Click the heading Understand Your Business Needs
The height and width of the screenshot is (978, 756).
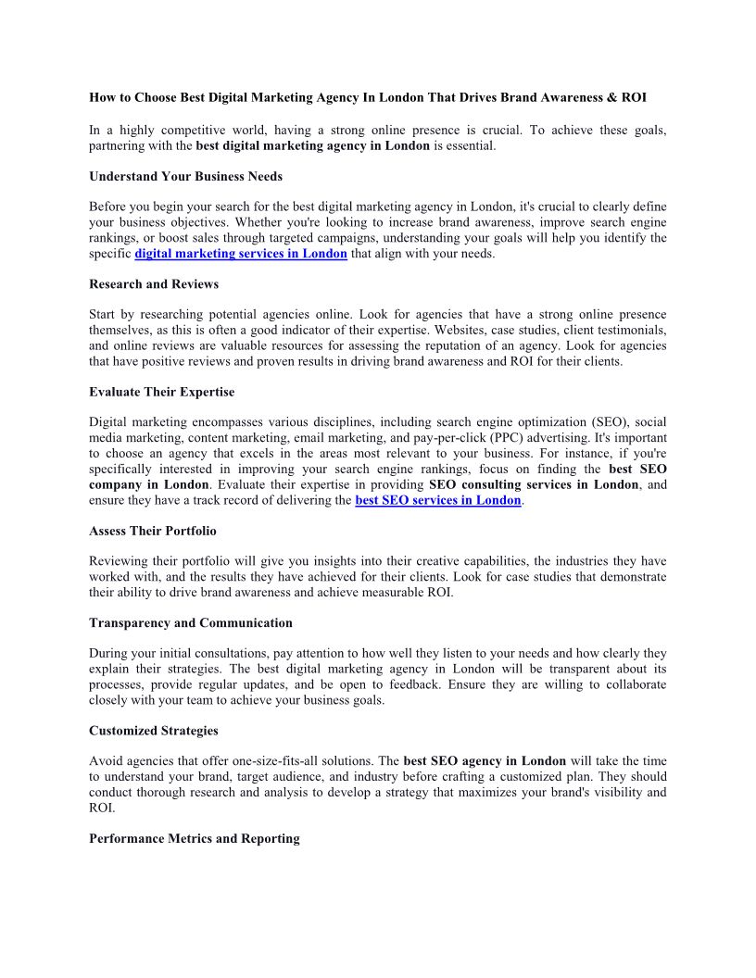185,176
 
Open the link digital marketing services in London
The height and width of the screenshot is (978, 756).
241,254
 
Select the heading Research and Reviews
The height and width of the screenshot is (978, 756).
154,283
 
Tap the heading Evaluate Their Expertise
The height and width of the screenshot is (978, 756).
161,392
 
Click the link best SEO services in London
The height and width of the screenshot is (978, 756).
438,500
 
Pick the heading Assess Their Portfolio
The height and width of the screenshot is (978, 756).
152,531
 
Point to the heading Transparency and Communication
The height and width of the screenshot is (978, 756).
191,622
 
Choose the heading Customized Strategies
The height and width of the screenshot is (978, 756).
154,731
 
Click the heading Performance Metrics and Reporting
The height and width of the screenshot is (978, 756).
195,838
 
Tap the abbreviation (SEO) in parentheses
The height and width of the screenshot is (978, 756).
609,421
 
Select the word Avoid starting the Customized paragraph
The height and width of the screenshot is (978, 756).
106,761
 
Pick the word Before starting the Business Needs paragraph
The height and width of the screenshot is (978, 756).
108,206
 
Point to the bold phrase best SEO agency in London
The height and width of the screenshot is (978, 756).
485,761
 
